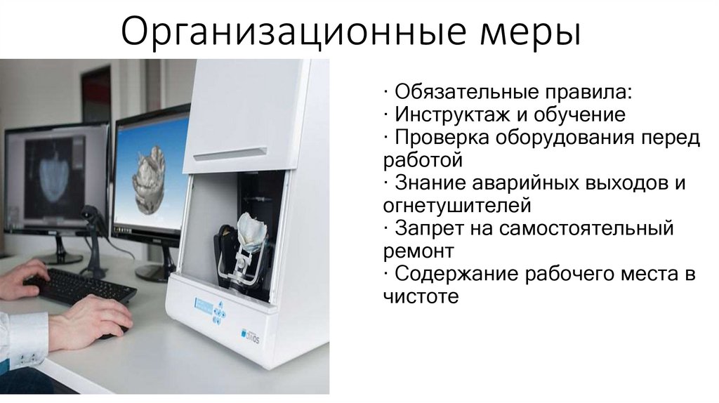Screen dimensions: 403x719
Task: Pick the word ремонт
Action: pyautogui.click(x=419, y=251)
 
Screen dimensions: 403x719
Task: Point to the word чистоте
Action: pyautogui.click(x=421, y=296)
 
